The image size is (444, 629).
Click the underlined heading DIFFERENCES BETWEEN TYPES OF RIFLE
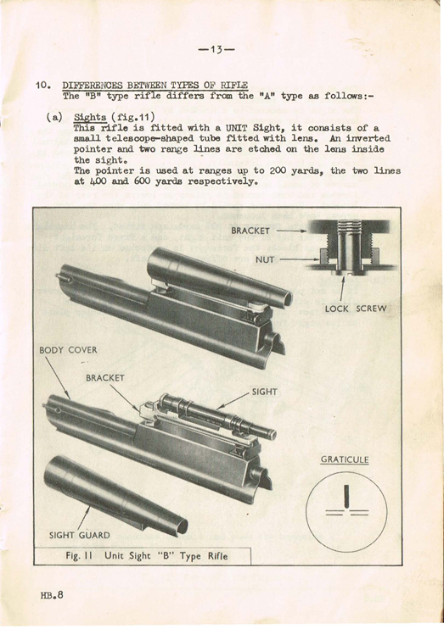(x=155, y=86)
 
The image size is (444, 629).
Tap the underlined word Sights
(x=90, y=118)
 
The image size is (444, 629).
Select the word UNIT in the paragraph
(x=237, y=128)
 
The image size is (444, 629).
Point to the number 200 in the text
(x=278, y=171)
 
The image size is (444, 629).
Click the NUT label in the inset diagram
(x=265, y=260)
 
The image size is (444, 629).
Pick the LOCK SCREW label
(x=355, y=309)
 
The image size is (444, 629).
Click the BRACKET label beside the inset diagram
(x=250, y=231)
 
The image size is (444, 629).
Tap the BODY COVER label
(x=68, y=350)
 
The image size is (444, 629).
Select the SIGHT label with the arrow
(x=264, y=392)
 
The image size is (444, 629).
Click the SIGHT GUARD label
(x=79, y=535)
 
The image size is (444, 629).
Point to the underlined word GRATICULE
(x=345, y=459)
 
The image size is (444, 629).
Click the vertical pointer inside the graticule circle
(x=346, y=496)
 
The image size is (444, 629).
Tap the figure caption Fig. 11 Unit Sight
(x=146, y=556)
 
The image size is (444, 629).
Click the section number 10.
(x=43, y=86)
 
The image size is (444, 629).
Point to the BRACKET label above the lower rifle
(x=105, y=378)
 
